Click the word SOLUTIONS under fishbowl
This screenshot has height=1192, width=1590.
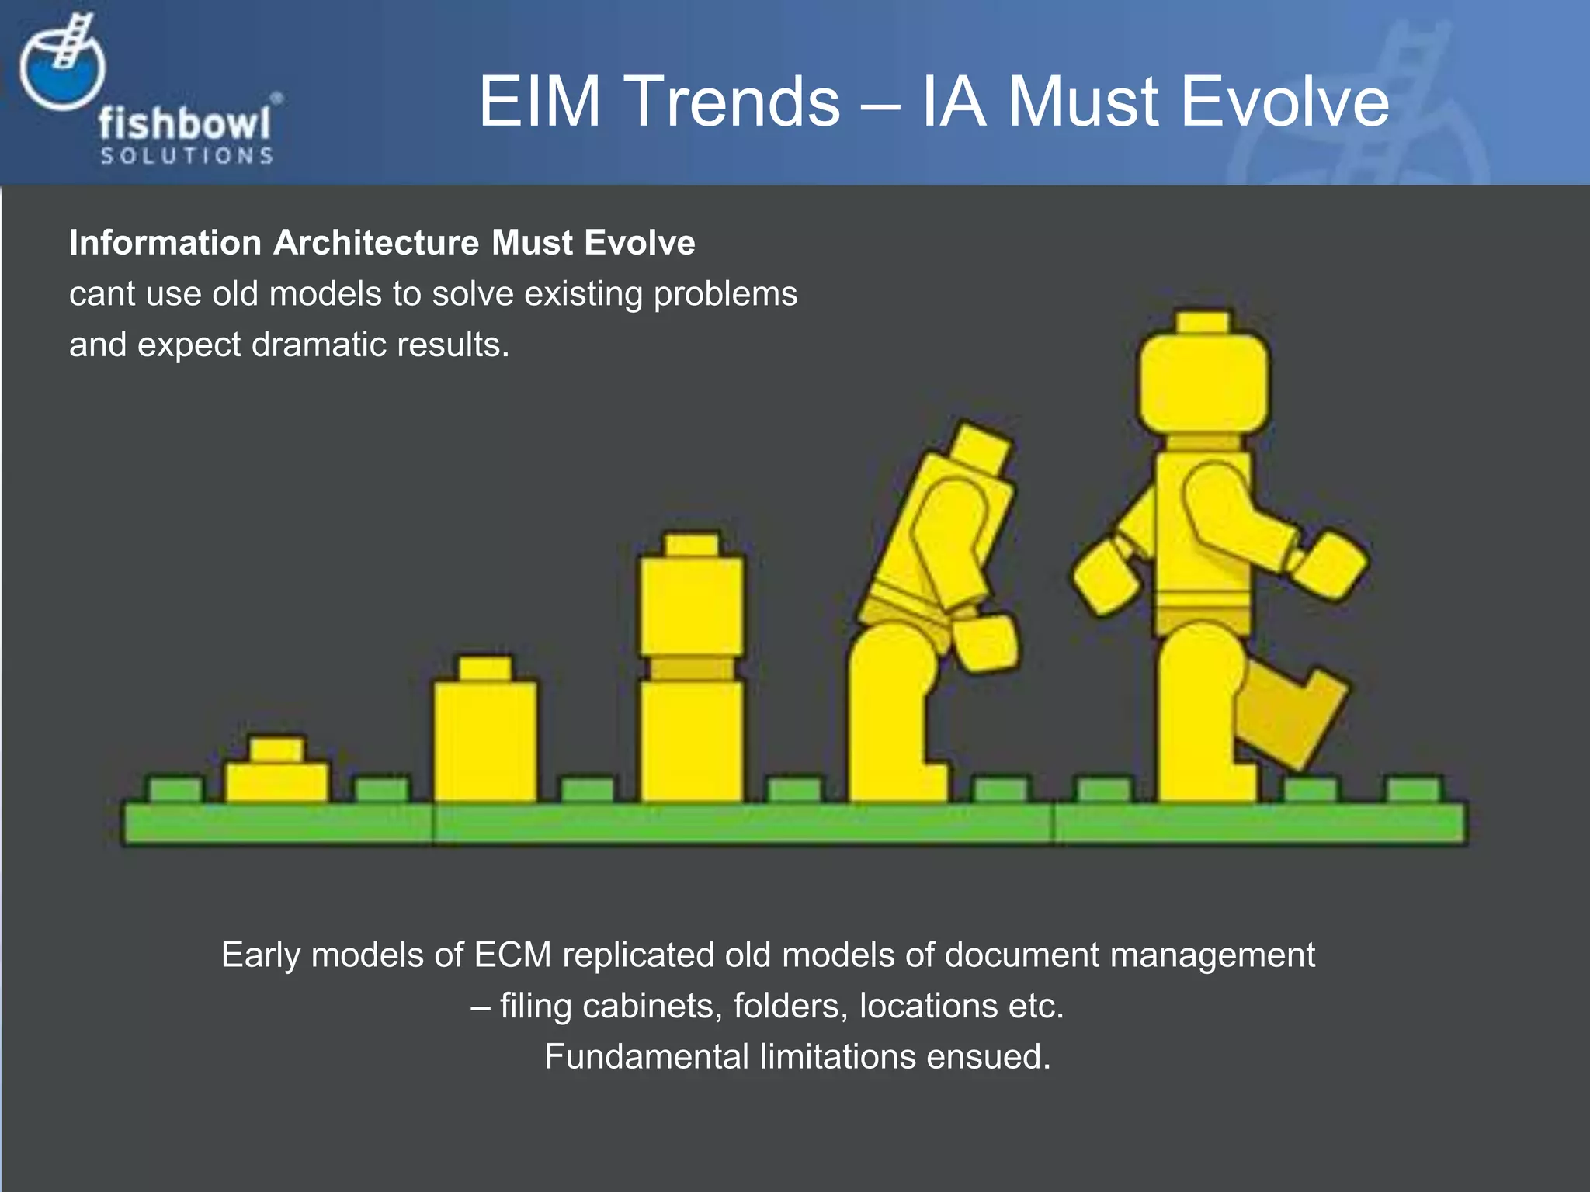(x=186, y=156)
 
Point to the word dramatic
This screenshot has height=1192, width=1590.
(x=319, y=345)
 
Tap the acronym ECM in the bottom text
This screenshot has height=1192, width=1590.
(x=512, y=955)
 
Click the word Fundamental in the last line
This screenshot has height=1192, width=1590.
(x=647, y=1057)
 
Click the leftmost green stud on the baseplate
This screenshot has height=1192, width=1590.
(x=175, y=790)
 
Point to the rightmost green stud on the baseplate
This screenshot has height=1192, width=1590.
(x=1415, y=790)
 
